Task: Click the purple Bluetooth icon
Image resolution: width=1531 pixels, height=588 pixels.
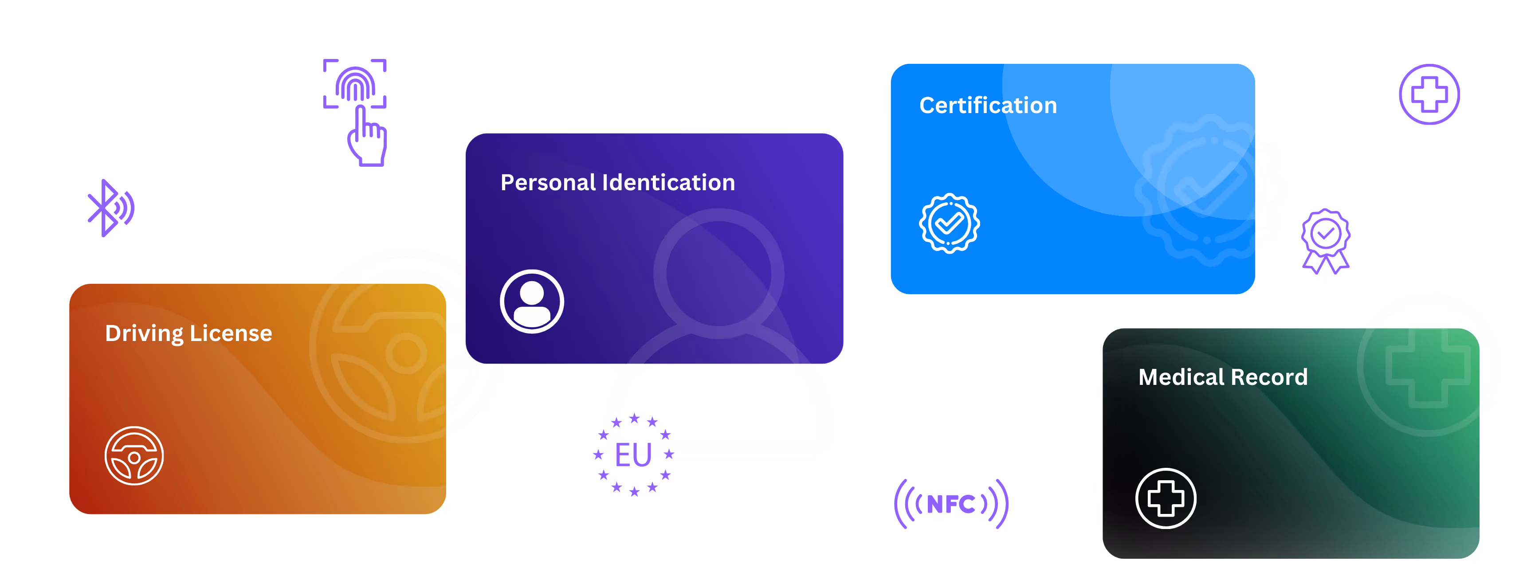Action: tap(110, 208)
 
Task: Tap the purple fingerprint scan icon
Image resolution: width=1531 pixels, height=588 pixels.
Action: tap(355, 84)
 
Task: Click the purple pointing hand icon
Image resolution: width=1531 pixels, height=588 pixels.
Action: tap(367, 137)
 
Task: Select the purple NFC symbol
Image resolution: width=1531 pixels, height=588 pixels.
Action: tap(951, 504)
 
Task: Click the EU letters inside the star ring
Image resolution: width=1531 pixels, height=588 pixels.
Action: tap(634, 455)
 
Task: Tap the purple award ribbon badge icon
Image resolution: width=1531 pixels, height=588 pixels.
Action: tap(1325, 240)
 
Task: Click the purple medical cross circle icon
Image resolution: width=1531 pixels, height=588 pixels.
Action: tap(1429, 94)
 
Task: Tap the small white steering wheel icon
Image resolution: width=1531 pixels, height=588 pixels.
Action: tap(134, 455)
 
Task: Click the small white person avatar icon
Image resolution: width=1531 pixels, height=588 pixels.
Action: tap(531, 301)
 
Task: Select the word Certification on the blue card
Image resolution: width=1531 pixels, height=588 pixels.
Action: tap(988, 106)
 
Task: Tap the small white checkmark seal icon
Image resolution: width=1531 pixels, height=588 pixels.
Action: tap(949, 223)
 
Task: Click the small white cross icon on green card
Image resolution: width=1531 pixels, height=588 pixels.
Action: tap(1166, 498)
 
